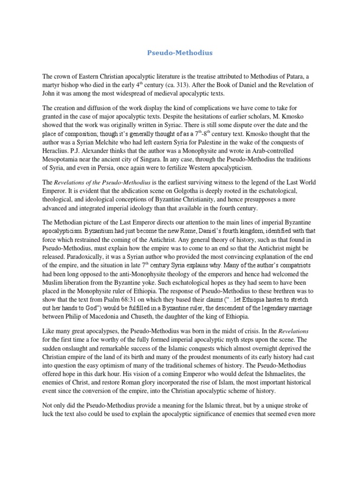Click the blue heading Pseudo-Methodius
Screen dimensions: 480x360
point(180,53)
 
